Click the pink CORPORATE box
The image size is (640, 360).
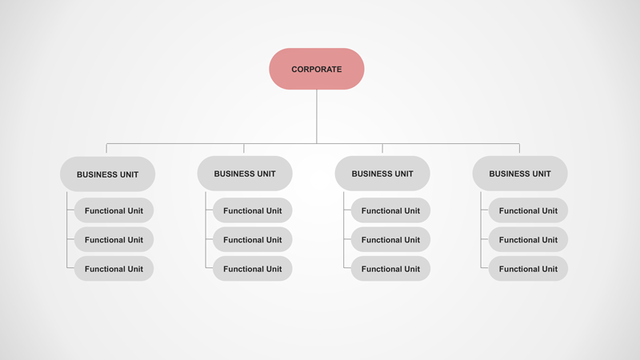pos(317,69)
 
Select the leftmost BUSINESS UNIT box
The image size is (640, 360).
pos(107,174)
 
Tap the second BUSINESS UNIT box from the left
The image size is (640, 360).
pos(245,174)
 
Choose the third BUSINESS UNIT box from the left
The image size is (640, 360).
pos(382,174)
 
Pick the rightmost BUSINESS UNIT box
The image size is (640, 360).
pos(520,174)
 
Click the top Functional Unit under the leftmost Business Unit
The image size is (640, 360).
pos(114,210)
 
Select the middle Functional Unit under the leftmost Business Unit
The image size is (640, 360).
pos(114,239)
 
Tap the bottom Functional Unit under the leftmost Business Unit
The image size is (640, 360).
pos(114,269)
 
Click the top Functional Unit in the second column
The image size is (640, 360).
pos(252,210)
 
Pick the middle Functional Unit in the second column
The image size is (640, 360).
pos(252,239)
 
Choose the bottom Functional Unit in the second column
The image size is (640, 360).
pos(252,269)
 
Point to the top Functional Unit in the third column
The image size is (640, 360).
pos(390,210)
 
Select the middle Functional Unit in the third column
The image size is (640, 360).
pos(390,239)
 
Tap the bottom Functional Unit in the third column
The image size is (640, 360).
pos(390,269)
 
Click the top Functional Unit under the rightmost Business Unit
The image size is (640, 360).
pos(528,210)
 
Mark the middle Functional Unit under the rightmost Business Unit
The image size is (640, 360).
pos(528,239)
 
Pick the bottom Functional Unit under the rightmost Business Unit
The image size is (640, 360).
pos(528,269)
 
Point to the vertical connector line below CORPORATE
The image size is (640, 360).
pos(317,116)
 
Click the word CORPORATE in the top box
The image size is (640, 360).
pos(317,70)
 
